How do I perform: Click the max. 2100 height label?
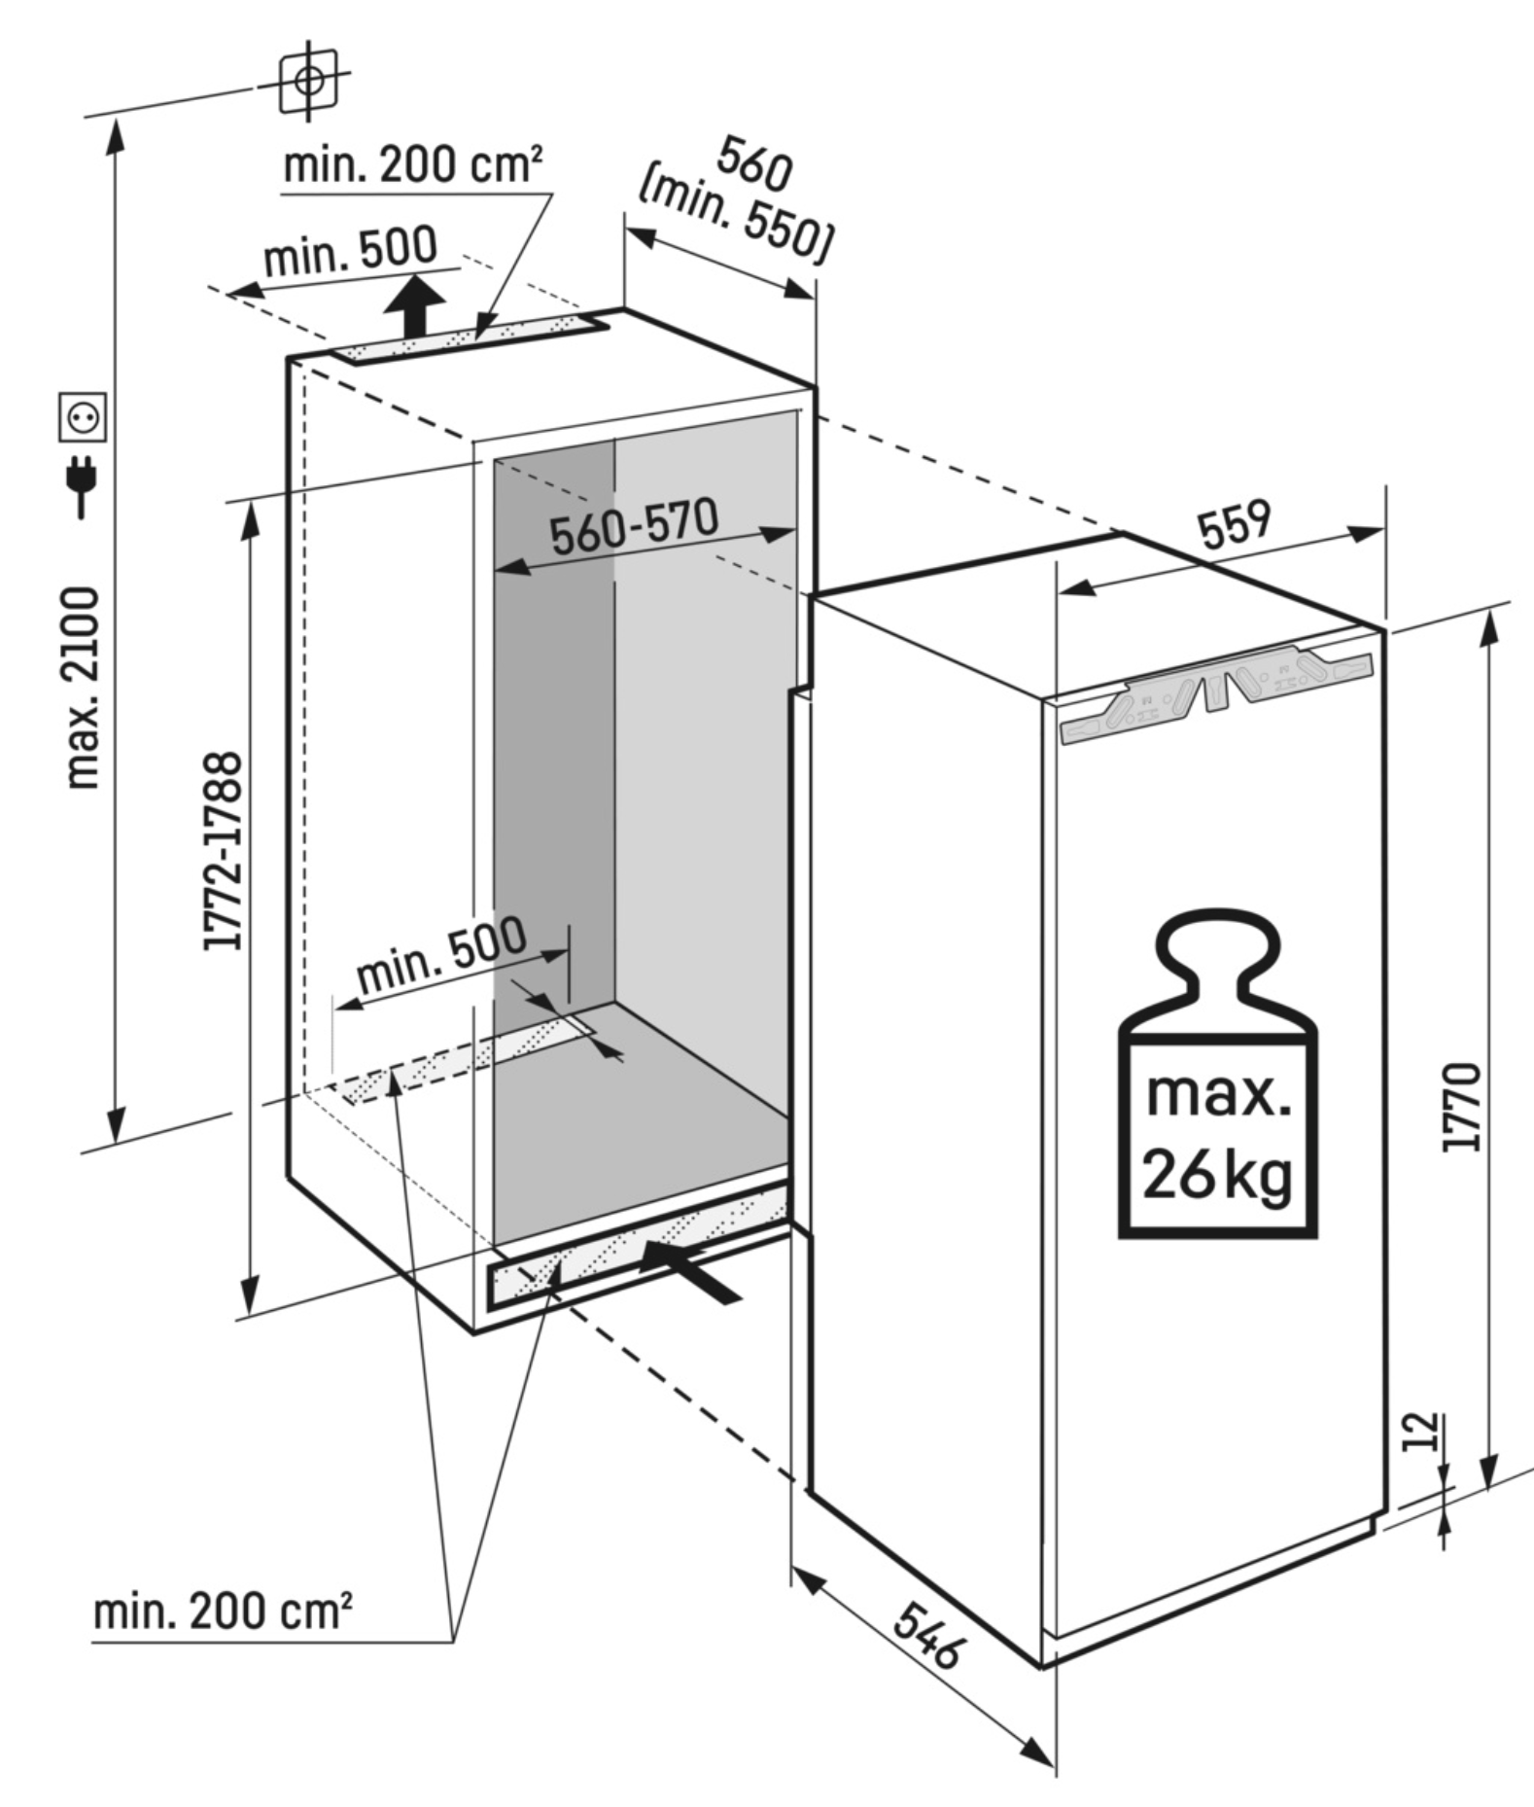84,687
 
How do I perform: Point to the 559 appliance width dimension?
1234,524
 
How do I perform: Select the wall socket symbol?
83,417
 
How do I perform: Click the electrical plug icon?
83,485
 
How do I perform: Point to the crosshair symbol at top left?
308,80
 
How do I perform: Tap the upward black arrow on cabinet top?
415,304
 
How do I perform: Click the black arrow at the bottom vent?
689,1270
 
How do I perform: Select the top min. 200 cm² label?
412,165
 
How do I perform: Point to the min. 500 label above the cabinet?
351,253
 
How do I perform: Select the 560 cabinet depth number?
754,164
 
